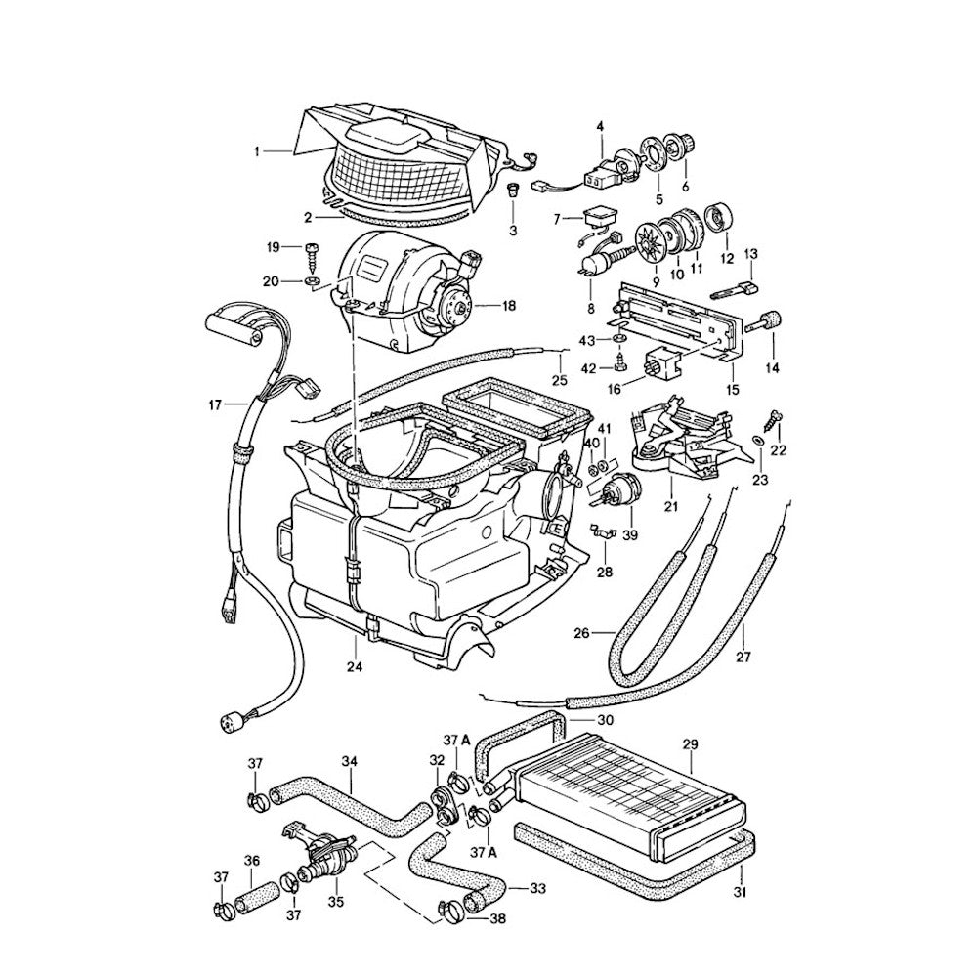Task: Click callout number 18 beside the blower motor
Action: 508,306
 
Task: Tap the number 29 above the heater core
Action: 690,744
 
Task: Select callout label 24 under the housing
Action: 356,667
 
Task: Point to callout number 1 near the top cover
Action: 257,151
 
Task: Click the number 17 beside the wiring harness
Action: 217,403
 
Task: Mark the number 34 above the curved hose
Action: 350,761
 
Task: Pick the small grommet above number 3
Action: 512,188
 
